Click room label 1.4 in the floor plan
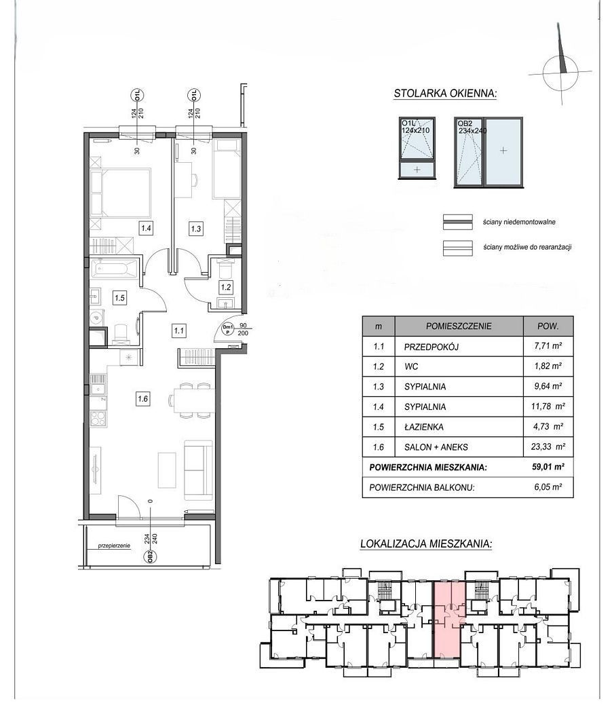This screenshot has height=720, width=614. click(146, 227)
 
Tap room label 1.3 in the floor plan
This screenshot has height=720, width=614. click(195, 228)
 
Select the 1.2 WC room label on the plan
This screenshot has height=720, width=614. click(225, 288)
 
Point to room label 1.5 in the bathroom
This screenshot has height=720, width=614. click(119, 298)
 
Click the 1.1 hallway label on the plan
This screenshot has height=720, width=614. click(178, 330)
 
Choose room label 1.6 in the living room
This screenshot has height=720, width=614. click(142, 398)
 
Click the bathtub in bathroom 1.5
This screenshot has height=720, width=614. click(115, 269)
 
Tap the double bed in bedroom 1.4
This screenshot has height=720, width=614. click(121, 193)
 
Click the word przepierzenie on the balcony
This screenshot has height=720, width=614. click(115, 546)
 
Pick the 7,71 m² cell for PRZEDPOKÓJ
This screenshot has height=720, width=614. click(548, 346)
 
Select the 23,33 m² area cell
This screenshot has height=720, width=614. click(549, 447)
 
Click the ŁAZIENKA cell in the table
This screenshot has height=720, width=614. click(424, 427)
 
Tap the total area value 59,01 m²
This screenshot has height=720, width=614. click(548, 467)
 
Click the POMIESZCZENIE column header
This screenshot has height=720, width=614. click(459, 326)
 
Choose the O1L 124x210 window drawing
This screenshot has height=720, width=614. click(417, 149)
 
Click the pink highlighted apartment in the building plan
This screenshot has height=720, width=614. click(448, 618)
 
